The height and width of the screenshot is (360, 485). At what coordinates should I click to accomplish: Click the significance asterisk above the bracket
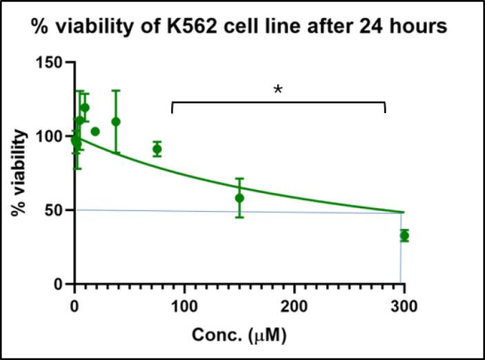(x=278, y=91)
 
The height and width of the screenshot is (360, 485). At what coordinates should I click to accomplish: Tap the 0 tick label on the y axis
(x=59, y=283)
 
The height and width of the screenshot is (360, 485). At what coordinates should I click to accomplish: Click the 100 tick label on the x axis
(x=184, y=306)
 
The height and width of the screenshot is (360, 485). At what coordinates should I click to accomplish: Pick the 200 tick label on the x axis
(x=295, y=306)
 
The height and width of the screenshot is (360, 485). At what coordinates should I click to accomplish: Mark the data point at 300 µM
(x=404, y=235)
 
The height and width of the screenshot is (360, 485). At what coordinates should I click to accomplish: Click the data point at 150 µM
(x=239, y=198)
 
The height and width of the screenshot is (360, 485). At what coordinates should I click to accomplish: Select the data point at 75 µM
(x=157, y=149)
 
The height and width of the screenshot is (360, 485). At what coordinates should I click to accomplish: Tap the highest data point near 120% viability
(x=85, y=108)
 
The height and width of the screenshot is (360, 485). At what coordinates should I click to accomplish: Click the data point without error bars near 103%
(x=95, y=131)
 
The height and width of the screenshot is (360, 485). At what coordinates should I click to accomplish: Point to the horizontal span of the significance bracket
(x=278, y=103)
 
